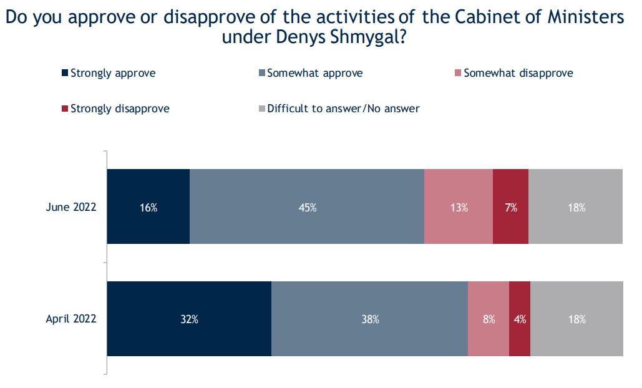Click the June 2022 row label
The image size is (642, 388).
tap(71, 207)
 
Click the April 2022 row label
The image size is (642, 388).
tap(71, 319)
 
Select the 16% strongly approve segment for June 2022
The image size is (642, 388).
tap(148, 207)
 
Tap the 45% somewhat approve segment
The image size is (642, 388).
tap(307, 207)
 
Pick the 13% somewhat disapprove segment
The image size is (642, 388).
tap(459, 207)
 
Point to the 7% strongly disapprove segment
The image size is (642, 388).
tap(511, 207)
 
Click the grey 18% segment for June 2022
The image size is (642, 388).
tap(576, 207)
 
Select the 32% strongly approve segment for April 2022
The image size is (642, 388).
tap(190, 319)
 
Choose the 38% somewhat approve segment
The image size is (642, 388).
tap(370, 319)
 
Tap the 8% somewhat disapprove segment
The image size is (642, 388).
tap(489, 319)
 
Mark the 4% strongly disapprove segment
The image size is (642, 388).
tap(520, 319)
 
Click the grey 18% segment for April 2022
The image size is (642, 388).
tap(576, 319)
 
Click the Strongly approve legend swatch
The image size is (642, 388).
tap(65, 74)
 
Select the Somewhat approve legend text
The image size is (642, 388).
tap(314, 73)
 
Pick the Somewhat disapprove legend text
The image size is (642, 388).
tap(518, 73)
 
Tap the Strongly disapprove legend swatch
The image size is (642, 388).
tap(65, 109)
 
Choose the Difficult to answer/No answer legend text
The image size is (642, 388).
tap(343, 109)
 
